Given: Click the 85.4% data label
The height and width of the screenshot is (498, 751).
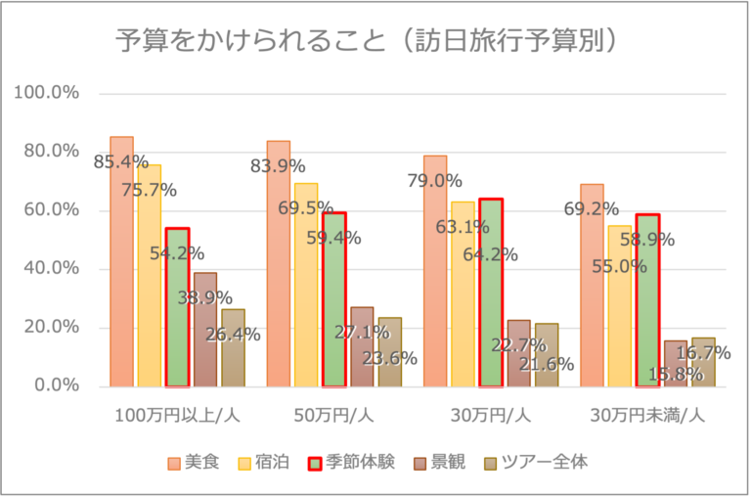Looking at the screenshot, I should tap(120, 161).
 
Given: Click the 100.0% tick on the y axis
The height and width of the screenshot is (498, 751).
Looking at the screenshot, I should tap(46, 93).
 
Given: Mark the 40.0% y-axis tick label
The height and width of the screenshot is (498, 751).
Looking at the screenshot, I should tap(49, 269).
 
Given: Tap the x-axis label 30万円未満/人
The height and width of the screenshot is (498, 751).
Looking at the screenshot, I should tap(647, 415).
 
